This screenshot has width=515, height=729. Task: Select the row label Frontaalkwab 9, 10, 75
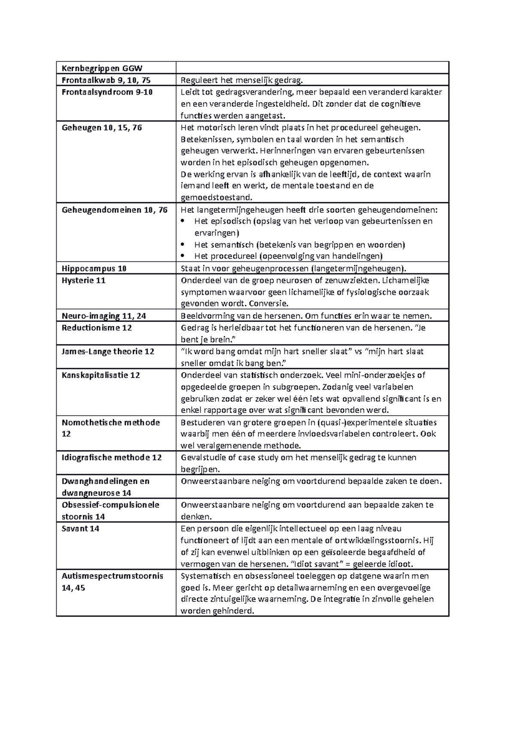click(x=106, y=80)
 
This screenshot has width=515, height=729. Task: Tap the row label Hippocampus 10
click(x=94, y=269)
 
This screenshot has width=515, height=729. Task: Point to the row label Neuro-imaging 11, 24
click(x=104, y=316)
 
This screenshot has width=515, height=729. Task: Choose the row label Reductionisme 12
click(x=97, y=328)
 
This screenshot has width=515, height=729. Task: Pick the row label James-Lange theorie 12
click(x=108, y=351)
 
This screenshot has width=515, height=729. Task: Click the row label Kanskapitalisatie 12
click(x=101, y=375)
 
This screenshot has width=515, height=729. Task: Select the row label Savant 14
click(x=80, y=529)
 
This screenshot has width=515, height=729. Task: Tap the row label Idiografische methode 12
click(x=112, y=458)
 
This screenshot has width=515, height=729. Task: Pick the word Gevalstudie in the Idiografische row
click(x=203, y=458)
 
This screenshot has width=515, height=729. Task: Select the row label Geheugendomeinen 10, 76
click(x=115, y=210)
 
